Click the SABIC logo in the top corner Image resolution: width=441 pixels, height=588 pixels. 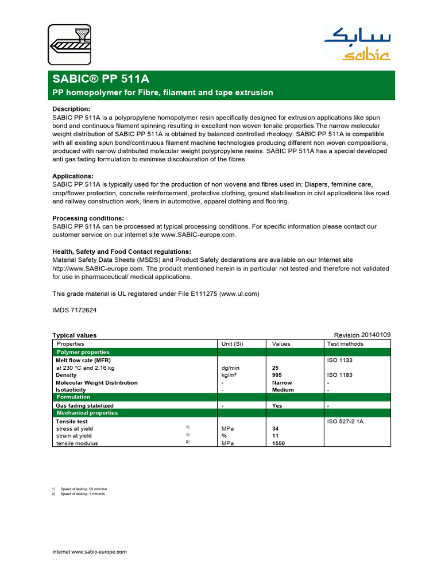357,45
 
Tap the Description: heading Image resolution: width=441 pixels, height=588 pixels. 71,109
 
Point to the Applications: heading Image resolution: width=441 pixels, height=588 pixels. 73,176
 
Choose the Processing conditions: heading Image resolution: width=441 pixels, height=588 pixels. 88,218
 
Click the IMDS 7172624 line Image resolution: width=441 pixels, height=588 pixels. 75,309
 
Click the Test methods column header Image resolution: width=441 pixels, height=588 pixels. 345,344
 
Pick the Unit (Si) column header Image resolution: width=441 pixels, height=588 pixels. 233,344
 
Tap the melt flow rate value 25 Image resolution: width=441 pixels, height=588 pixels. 275,367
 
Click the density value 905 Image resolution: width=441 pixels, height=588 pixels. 277,375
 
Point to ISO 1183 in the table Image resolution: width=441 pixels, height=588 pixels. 340,375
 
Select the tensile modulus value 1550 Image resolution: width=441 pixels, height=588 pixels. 278,443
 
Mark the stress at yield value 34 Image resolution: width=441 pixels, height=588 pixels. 275,428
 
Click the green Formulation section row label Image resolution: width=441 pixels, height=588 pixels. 73,397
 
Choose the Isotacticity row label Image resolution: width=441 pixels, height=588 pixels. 70,390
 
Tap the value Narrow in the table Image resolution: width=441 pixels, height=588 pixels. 282,382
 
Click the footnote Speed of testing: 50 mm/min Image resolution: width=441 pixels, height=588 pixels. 84,488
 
